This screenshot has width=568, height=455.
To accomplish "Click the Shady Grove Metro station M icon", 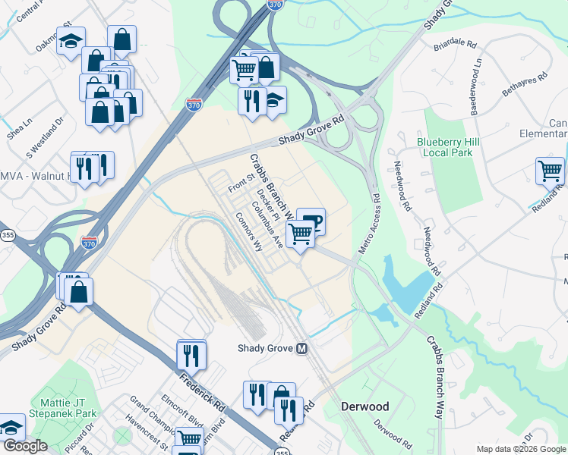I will (302, 349).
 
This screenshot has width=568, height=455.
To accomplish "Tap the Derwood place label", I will (364, 406).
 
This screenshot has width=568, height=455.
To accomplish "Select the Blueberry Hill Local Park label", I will (445, 147).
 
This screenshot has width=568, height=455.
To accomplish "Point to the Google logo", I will (24, 447).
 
